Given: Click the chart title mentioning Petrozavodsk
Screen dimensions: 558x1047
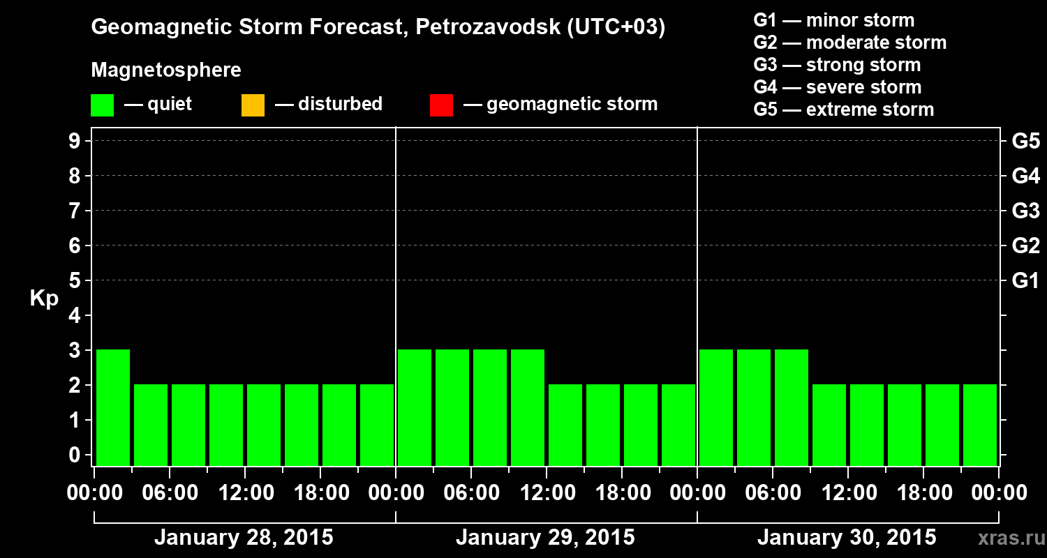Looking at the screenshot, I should click(x=378, y=28).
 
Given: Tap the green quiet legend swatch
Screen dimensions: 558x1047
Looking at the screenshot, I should click(x=102, y=105).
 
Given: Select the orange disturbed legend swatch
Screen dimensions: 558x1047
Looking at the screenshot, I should click(x=253, y=105).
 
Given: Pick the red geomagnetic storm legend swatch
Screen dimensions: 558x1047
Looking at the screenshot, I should click(x=441, y=105).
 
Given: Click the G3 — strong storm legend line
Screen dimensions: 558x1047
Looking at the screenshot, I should click(x=837, y=65).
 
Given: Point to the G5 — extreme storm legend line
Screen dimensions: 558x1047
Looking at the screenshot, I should click(x=843, y=110).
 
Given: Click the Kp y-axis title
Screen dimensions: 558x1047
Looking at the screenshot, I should click(x=44, y=299).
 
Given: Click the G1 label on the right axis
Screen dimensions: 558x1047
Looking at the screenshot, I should click(x=1025, y=281).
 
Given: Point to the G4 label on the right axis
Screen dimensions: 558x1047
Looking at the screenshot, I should click(x=1025, y=176).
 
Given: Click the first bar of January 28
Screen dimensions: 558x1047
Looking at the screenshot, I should click(x=113, y=407).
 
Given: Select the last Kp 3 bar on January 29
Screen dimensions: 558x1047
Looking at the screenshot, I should click(x=528, y=407).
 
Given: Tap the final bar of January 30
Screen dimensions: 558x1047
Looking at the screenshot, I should click(x=980, y=425).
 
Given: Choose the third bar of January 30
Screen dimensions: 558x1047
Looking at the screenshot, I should click(x=792, y=407).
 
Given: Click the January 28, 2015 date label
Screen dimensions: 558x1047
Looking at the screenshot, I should click(x=244, y=538).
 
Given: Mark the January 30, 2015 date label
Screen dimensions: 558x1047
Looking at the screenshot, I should click(x=847, y=538).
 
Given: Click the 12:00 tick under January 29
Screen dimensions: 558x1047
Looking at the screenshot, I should click(x=547, y=493).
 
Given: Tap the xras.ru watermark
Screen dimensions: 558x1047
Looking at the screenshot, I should click(x=1005, y=539).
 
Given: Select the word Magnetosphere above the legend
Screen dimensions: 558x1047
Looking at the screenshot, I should click(x=166, y=70).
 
